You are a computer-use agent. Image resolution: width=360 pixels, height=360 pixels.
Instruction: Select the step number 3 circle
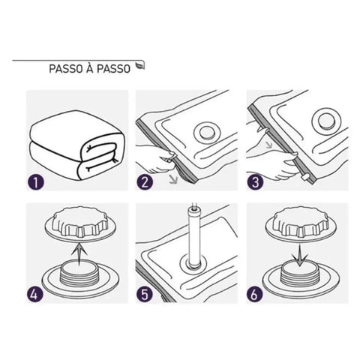coord(256,181)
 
